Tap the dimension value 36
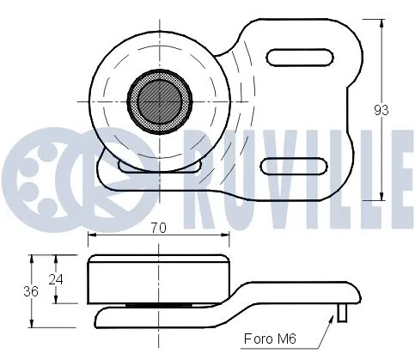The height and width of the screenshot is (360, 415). (31, 292)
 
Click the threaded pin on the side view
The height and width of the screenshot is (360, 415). (344, 311)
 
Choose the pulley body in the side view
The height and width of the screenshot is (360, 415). (159, 278)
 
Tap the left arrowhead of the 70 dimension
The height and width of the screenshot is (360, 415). (92, 238)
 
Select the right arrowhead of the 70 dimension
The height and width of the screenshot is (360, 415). (228, 238)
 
